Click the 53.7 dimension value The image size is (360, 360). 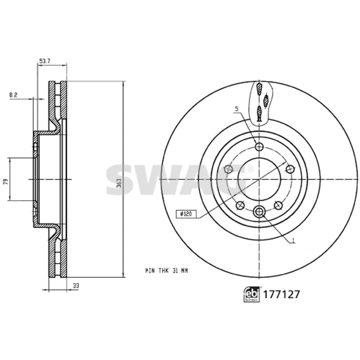click(45, 61)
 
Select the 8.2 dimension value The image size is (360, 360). click(13, 95)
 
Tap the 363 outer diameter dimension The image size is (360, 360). click(119, 183)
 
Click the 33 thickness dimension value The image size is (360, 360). click(76, 286)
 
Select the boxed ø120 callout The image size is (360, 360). click(186, 214)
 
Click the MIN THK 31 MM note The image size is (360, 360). click(167, 271)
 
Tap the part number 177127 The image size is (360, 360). click(281, 295)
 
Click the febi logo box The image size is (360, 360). click(252, 294)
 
